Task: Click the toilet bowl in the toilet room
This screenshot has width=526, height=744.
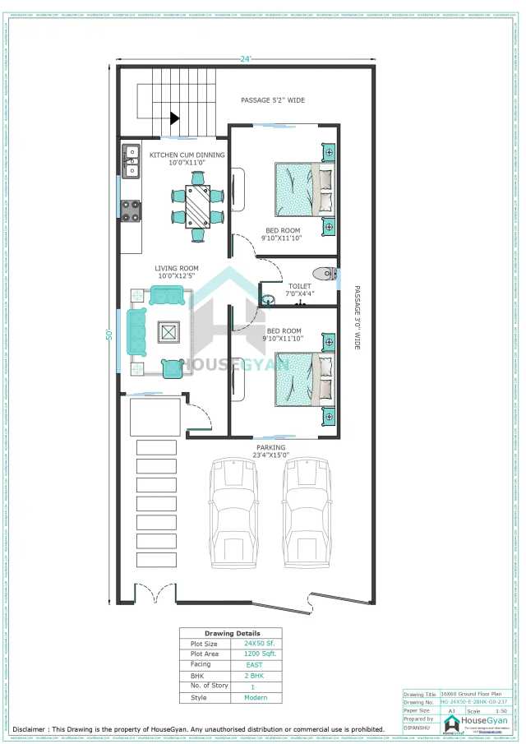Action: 322,274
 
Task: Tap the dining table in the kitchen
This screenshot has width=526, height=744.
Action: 197,205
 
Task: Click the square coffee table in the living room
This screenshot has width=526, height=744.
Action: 169,332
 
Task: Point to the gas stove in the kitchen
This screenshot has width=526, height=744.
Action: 131,211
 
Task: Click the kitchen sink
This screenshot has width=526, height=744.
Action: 131,161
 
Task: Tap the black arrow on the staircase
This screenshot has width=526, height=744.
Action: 173,118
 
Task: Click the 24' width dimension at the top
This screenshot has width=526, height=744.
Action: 245,59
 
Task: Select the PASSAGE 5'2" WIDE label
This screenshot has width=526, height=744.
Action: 272,100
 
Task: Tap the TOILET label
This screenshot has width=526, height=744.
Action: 299,287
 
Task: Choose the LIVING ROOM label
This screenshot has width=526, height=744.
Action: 177,268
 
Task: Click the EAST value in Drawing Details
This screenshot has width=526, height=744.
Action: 255,664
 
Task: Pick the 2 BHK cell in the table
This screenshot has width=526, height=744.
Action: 255,675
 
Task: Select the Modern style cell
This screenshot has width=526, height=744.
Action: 255,697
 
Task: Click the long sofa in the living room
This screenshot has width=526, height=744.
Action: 136,332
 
